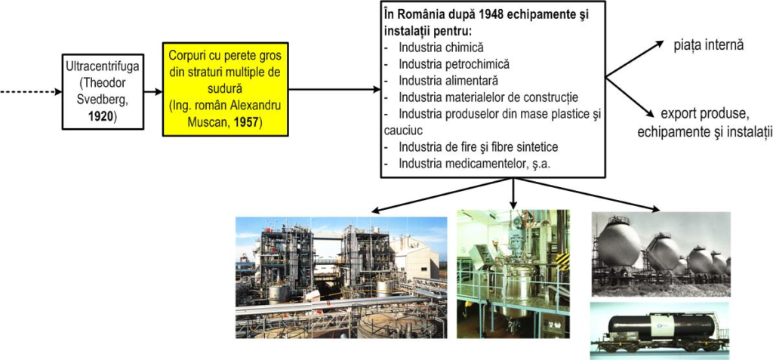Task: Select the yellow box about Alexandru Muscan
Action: pos(225,89)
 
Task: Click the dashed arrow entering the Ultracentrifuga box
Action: pos(31,92)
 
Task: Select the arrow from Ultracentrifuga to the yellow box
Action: pos(153,92)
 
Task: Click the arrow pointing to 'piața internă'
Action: pos(635,59)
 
